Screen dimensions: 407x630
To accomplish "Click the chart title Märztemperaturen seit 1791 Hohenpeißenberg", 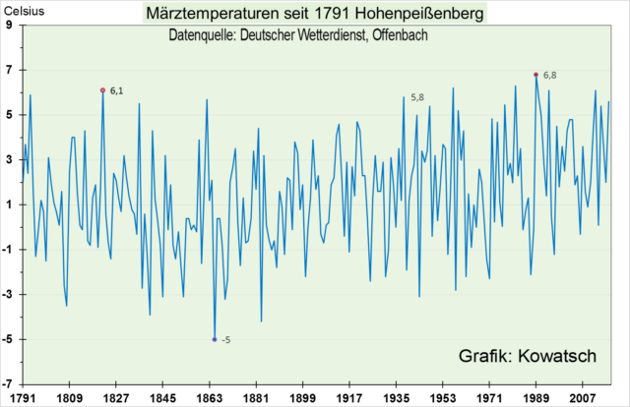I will (315, 14).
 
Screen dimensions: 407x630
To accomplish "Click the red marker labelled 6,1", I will (102, 89).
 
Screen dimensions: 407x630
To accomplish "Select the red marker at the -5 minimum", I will (215, 339).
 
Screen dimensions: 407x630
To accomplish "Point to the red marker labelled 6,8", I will (535, 75).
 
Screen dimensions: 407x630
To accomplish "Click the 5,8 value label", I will (417, 98).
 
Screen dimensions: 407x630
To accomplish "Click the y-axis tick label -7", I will (8, 383).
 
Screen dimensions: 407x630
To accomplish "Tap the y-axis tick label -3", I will (8, 294).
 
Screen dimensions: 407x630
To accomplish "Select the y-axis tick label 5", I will (10, 114).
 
